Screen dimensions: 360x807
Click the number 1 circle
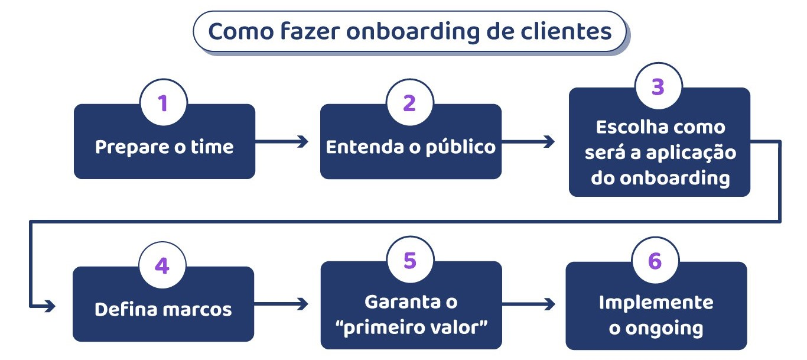(163, 103)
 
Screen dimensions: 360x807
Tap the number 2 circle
(409, 103)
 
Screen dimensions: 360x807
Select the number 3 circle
(658, 87)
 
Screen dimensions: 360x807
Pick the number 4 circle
(162, 266)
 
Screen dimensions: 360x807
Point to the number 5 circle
(410, 261)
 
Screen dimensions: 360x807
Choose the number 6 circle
(655, 261)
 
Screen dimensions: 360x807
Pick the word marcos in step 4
(202, 309)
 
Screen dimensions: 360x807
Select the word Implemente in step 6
(656, 302)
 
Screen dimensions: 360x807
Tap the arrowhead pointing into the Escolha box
(550, 141)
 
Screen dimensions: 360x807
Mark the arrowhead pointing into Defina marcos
(50, 306)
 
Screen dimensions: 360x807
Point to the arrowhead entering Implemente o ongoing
(550, 304)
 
